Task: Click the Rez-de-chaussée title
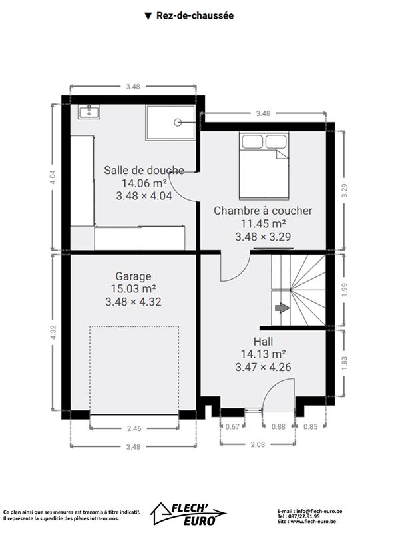pyautogui.click(x=195, y=15)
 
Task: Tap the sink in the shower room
pyautogui.click(x=89, y=111)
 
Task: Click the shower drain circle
pyautogui.click(x=178, y=123)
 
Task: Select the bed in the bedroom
pyautogui.click(x=264, y=165)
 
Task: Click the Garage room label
pyautogui.click(x=134, y=276)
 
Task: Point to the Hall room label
pyautogui.click(x=263, y=341)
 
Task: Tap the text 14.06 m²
pyautogui.click(x=144, y=183)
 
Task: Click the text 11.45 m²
pyautogui.click(x=263, y=223)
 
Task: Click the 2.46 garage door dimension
pyautogui.click(x=134, y=428)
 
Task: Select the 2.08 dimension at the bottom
pyautogui.click(x=258, y=444)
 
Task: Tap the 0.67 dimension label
pyautogui.click(x=233, y=426)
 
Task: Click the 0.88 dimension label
pyautogui.click(x=278, y=426)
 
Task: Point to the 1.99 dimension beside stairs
pyautogui.click(x=345, y=290)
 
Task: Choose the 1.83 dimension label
pyautogui.click(x=345, y=363)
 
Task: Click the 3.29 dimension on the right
pyautogui.click(x=345, y=191)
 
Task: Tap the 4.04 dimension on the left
pyautogui.click(x=53, y=177)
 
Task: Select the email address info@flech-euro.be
pyautogui.click(x=319, y=511)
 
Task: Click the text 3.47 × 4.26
pyautogui.click(x=263, y=367)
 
